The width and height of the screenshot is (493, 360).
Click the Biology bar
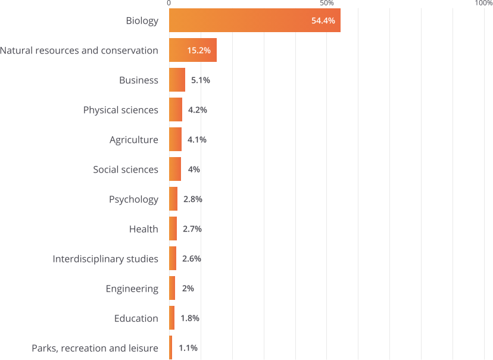pos(238,21)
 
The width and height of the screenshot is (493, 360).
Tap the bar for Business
pos(177,80)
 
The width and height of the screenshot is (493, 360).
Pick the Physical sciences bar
pos(176,110)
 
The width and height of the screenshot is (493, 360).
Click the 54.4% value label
pos(325,21)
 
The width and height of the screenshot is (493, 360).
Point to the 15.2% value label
pos(199,51)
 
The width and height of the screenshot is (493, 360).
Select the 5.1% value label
pos(200,80)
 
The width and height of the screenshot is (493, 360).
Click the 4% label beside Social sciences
pos(194,170)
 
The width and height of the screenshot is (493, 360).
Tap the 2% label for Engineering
pos(188,289)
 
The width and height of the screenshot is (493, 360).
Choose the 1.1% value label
pos(188,348)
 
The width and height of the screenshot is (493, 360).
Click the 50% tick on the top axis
pos(326,4)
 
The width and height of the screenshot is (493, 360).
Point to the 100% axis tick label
pos(483,4)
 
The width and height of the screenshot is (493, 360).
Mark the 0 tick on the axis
pos(169,4)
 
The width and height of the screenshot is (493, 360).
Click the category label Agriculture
pos(134,140)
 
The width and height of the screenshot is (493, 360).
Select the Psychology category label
pos(133,199)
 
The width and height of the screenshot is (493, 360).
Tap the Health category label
pos(143,229)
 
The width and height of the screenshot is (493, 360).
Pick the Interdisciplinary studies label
pos(105,259)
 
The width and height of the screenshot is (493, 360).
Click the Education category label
pos(136,318)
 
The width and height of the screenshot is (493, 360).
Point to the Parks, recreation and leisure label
pos(95,348)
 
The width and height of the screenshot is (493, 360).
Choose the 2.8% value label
pos(192,199)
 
